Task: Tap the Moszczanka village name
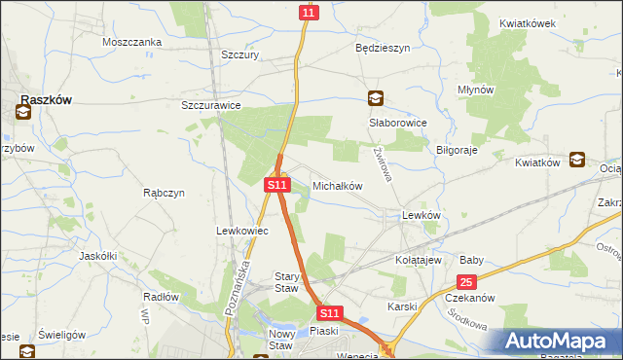(x=130, y=42)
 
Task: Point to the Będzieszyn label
(x=383, y=47)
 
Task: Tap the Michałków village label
(x=338, y=185)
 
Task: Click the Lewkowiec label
(x=240, y=231)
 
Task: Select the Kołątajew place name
(x=420, y=261)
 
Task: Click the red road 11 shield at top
(x=309, y=13)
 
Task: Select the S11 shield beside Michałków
(x=277, y=184)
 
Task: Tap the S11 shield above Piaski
(x=330, y=313)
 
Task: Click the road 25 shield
(x=467, y=282)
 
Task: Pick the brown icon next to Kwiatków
(x=576, y=161)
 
